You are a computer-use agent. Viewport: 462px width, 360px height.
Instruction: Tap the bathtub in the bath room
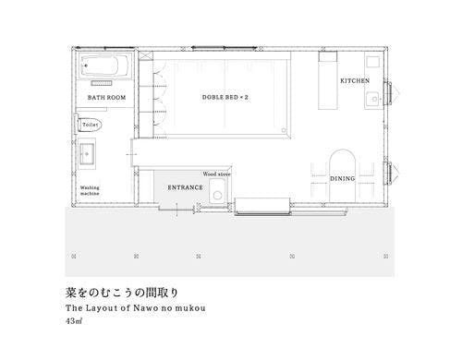106,67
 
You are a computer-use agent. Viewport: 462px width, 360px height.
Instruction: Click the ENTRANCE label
185,187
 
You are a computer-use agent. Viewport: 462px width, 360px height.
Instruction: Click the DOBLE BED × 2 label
225,97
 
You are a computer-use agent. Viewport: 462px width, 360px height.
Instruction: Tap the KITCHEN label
354,81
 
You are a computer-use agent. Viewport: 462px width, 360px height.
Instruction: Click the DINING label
342,177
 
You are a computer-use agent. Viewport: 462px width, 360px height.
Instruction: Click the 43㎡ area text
74,322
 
